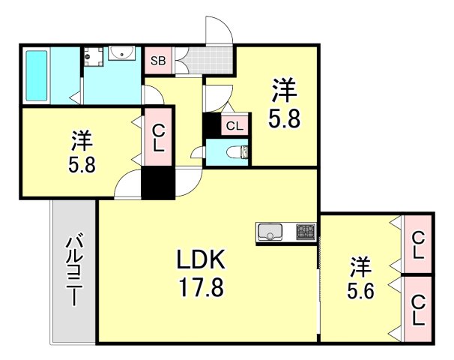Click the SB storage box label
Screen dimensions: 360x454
pos(158,61)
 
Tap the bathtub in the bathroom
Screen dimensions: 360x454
pos(36,75)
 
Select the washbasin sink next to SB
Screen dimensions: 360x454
pos(121,54)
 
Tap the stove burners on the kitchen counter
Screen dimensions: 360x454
pos(306,232)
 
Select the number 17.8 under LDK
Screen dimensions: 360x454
pos(200,288)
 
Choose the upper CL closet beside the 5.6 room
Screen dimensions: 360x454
pos(417,244)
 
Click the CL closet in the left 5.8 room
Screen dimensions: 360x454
pos(159,139)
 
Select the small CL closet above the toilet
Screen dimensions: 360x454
pos(234,126)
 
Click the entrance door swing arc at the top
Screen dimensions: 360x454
pos(218,28)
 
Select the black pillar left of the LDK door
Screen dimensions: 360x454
pos(157,184)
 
